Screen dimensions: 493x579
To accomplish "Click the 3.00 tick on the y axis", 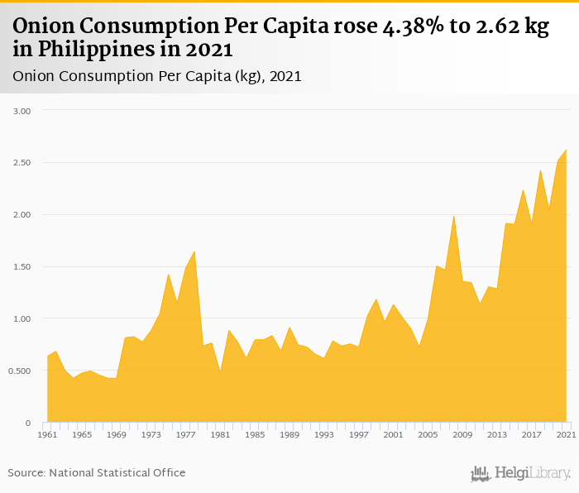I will click(x=22, y=111).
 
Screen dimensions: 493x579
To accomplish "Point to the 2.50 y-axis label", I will click(x=22, y=163).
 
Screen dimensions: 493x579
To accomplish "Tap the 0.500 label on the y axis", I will click(x=20, y=371).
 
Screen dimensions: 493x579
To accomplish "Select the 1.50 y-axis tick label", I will click(x=22, y=267).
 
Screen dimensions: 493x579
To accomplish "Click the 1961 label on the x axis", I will click(x=47, y=434).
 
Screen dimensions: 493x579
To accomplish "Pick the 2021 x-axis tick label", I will click(x=566, y=434).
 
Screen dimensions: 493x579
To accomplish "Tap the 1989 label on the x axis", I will click(x=289, y=434).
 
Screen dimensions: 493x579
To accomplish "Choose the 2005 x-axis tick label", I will click(x=428, y=434).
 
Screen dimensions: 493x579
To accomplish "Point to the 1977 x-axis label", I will click(x=185, y=434).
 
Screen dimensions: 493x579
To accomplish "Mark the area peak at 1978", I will click(x=194, y=251).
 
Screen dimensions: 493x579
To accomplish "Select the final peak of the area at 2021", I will click(x=566, y=150).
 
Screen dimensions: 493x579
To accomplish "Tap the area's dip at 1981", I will click(x=220, y=372).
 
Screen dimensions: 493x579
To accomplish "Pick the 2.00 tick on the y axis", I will click(x=22, y=215).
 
